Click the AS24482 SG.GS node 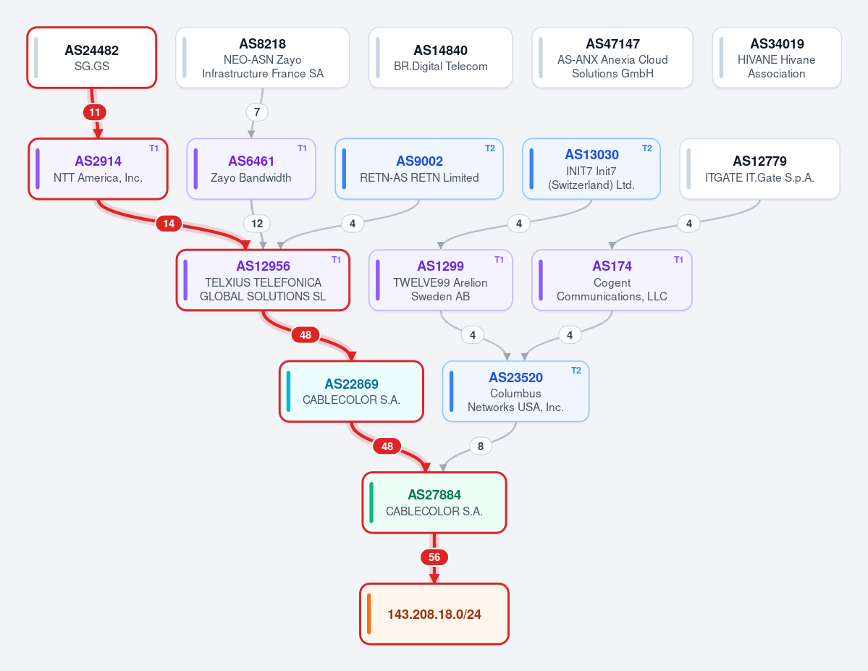[x=92, y=58]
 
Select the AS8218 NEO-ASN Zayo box [x=262, y=58]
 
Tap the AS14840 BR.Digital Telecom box [x=441, y=58]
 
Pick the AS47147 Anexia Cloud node [x=612, y=58]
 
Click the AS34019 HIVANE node [x=777, y=58]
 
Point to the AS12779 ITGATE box [x=759, y=169]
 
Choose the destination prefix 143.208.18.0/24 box [x=434, y=614]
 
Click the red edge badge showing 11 [x=95, y=112]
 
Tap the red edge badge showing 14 [x=169, y=224]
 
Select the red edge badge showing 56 [x=434, y=557]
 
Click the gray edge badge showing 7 [x=257, y=112]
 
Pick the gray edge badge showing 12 [x=257, y=224]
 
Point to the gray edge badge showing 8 [x=481, y=446]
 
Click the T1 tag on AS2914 [x=154, y=148]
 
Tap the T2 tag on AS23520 [x=576, y=371]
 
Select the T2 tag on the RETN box [x=490, y=148]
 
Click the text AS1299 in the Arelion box [x=441, y=266]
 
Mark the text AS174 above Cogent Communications [x=612, y=266]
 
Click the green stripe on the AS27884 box [x=371, y=502]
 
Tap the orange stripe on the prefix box [x=368, y=614]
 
